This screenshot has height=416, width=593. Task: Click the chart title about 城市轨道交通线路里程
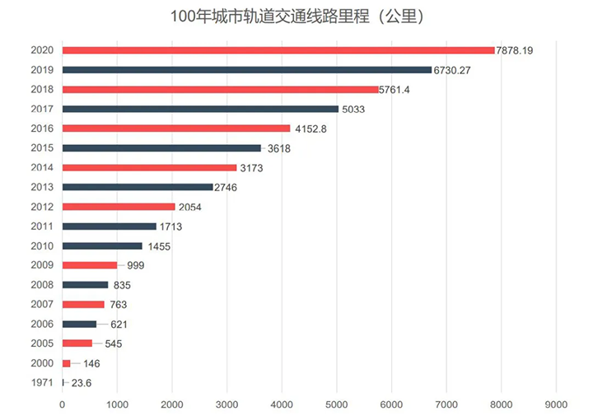(x=296, y=16)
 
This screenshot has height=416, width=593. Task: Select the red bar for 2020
(x=278, y=50)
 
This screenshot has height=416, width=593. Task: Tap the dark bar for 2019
(x=246, y=70)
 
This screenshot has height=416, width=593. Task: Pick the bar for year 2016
(x=176, y=129)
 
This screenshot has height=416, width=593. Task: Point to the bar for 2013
(x=138, y=187)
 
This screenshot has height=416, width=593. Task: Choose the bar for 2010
(x=102, y=245)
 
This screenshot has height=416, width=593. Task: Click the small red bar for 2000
(x=67, y=363)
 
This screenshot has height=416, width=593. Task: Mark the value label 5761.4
(x=400, y=89)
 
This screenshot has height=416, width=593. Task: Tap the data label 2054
(x=189, y=207)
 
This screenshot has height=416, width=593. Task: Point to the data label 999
(x=136, y=265)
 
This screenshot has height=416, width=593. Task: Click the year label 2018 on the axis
(x=42, y=89)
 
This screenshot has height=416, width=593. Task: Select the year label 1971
(x=42, y=383)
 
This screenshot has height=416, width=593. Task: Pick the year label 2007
(x=42, y=305)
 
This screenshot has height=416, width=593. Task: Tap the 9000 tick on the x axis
(x=556, y=404)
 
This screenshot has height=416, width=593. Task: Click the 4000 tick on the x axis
(x=282, y=404)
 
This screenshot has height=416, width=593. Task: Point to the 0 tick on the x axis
(x=63, y=404)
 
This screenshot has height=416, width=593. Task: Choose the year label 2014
(x=42, y=167)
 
